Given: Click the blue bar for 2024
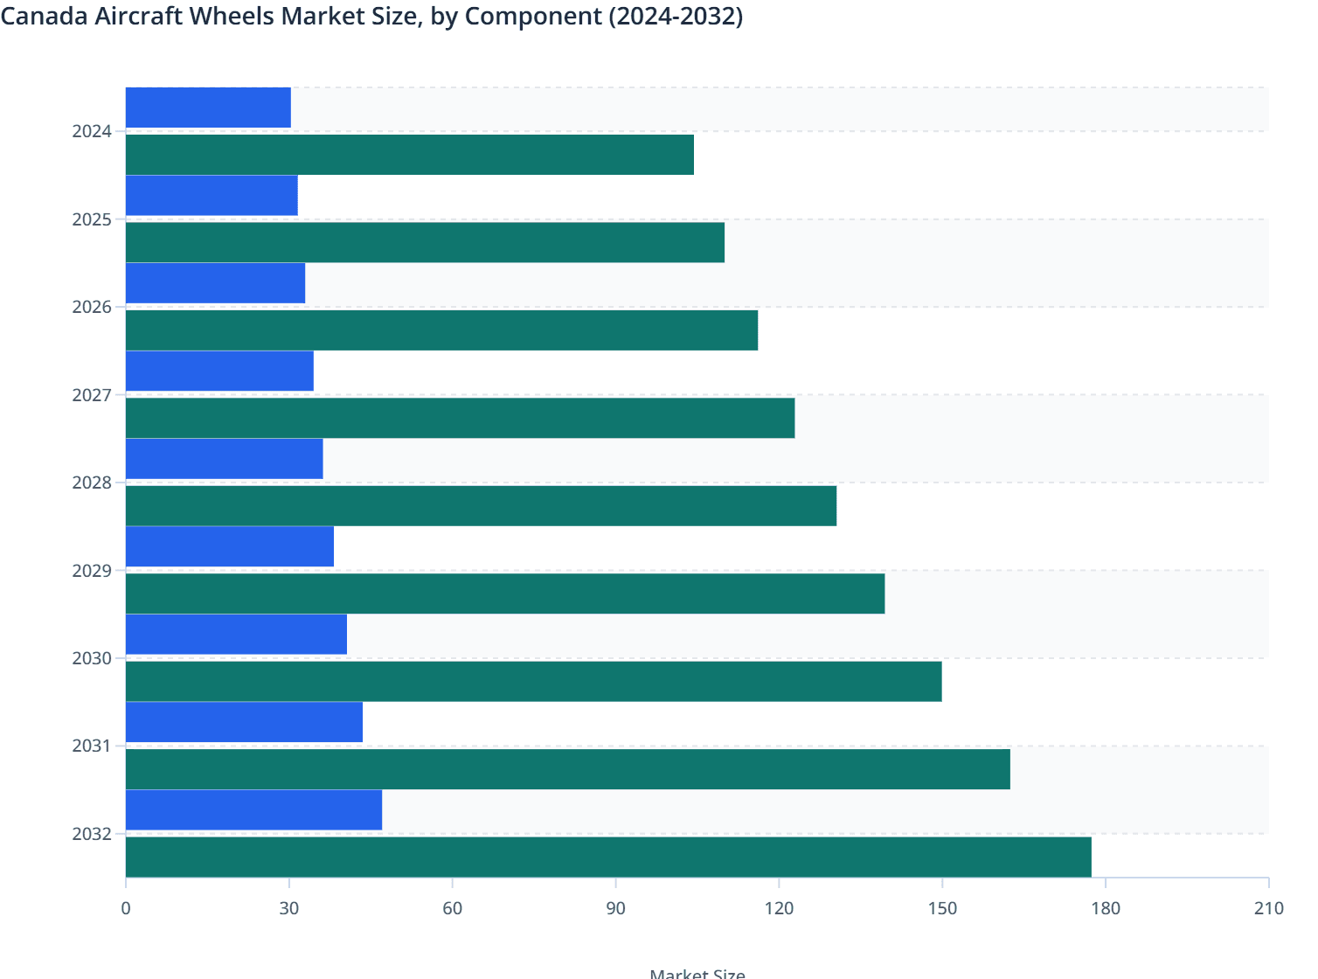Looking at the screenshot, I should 208,108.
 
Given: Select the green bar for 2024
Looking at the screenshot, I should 410,155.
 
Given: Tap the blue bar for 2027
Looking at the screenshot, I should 219,371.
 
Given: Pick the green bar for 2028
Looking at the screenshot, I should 481,505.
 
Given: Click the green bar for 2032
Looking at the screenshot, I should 608,857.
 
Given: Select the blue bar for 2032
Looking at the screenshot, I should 253,809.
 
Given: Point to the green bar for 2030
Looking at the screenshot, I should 533,681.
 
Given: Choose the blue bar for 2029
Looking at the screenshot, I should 230,546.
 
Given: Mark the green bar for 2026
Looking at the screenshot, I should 441,330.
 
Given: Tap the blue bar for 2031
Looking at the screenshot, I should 244,722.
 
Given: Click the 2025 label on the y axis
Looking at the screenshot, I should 92,219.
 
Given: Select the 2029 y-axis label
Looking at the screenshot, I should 92,571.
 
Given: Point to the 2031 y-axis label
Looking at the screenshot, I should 92,746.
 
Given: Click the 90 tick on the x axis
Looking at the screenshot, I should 615,908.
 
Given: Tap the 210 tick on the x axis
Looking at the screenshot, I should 1268,908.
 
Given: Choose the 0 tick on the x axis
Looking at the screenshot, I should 126,908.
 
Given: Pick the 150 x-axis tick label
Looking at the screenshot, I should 942,908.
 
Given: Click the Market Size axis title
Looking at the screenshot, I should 697,973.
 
